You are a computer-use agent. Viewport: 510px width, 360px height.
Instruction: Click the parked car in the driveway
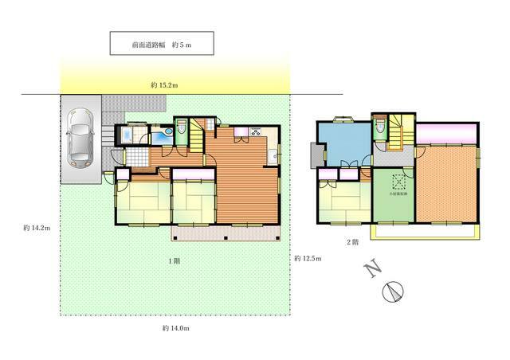tap(80, 140)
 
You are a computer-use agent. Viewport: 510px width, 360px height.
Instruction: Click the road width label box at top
tap(162, 44)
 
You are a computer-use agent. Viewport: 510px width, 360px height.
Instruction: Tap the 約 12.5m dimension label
tap(307, 258)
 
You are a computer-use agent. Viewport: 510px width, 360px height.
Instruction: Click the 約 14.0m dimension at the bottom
tap(175, 327)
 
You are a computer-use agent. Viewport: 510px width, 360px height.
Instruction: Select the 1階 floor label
tap(174, 261)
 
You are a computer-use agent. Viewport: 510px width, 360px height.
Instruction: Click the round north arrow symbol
tap(392, 292)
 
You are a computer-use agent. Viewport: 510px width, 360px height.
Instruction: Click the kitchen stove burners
tap(258, 131)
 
